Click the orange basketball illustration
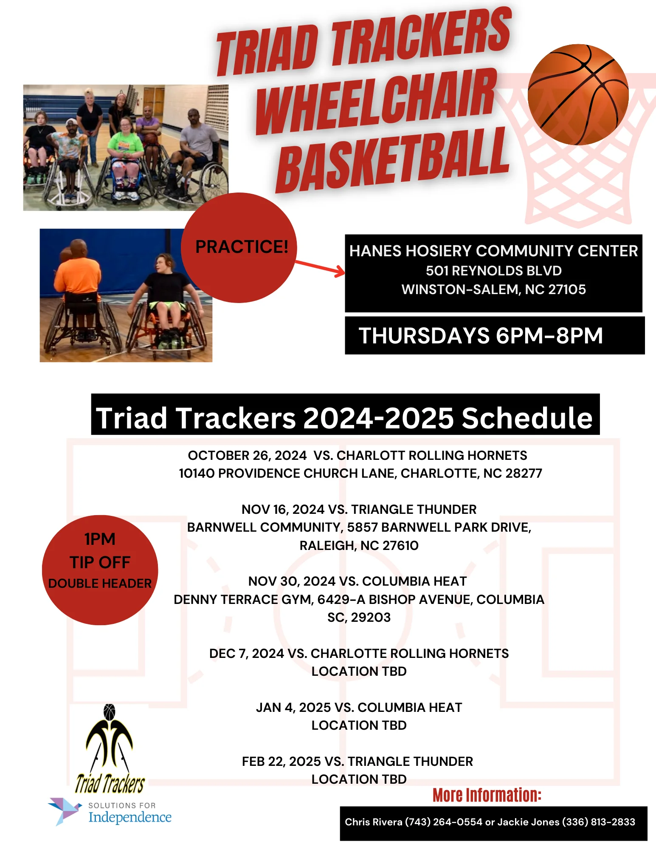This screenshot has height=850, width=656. point(578,94)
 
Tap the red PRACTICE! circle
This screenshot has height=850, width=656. point(239,248)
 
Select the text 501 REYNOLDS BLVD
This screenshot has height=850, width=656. point(493,271)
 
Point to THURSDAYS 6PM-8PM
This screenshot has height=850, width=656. point(481,335)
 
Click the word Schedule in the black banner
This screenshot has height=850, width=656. point(527,418)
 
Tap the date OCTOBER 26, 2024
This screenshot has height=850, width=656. point(247,455)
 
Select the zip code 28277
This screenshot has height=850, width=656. point(524,473)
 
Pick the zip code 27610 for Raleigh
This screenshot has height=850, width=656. point(400,545)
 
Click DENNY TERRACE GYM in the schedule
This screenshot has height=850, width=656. point(244,599)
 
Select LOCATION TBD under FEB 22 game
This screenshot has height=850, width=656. point(359,779)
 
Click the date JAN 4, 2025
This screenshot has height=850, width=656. point(293,707)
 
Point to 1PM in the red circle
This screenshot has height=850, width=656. point(100,539)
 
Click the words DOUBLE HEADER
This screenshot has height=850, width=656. point(100,584)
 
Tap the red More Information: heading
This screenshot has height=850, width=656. point(487,795)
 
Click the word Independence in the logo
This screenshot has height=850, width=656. point(130,817)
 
